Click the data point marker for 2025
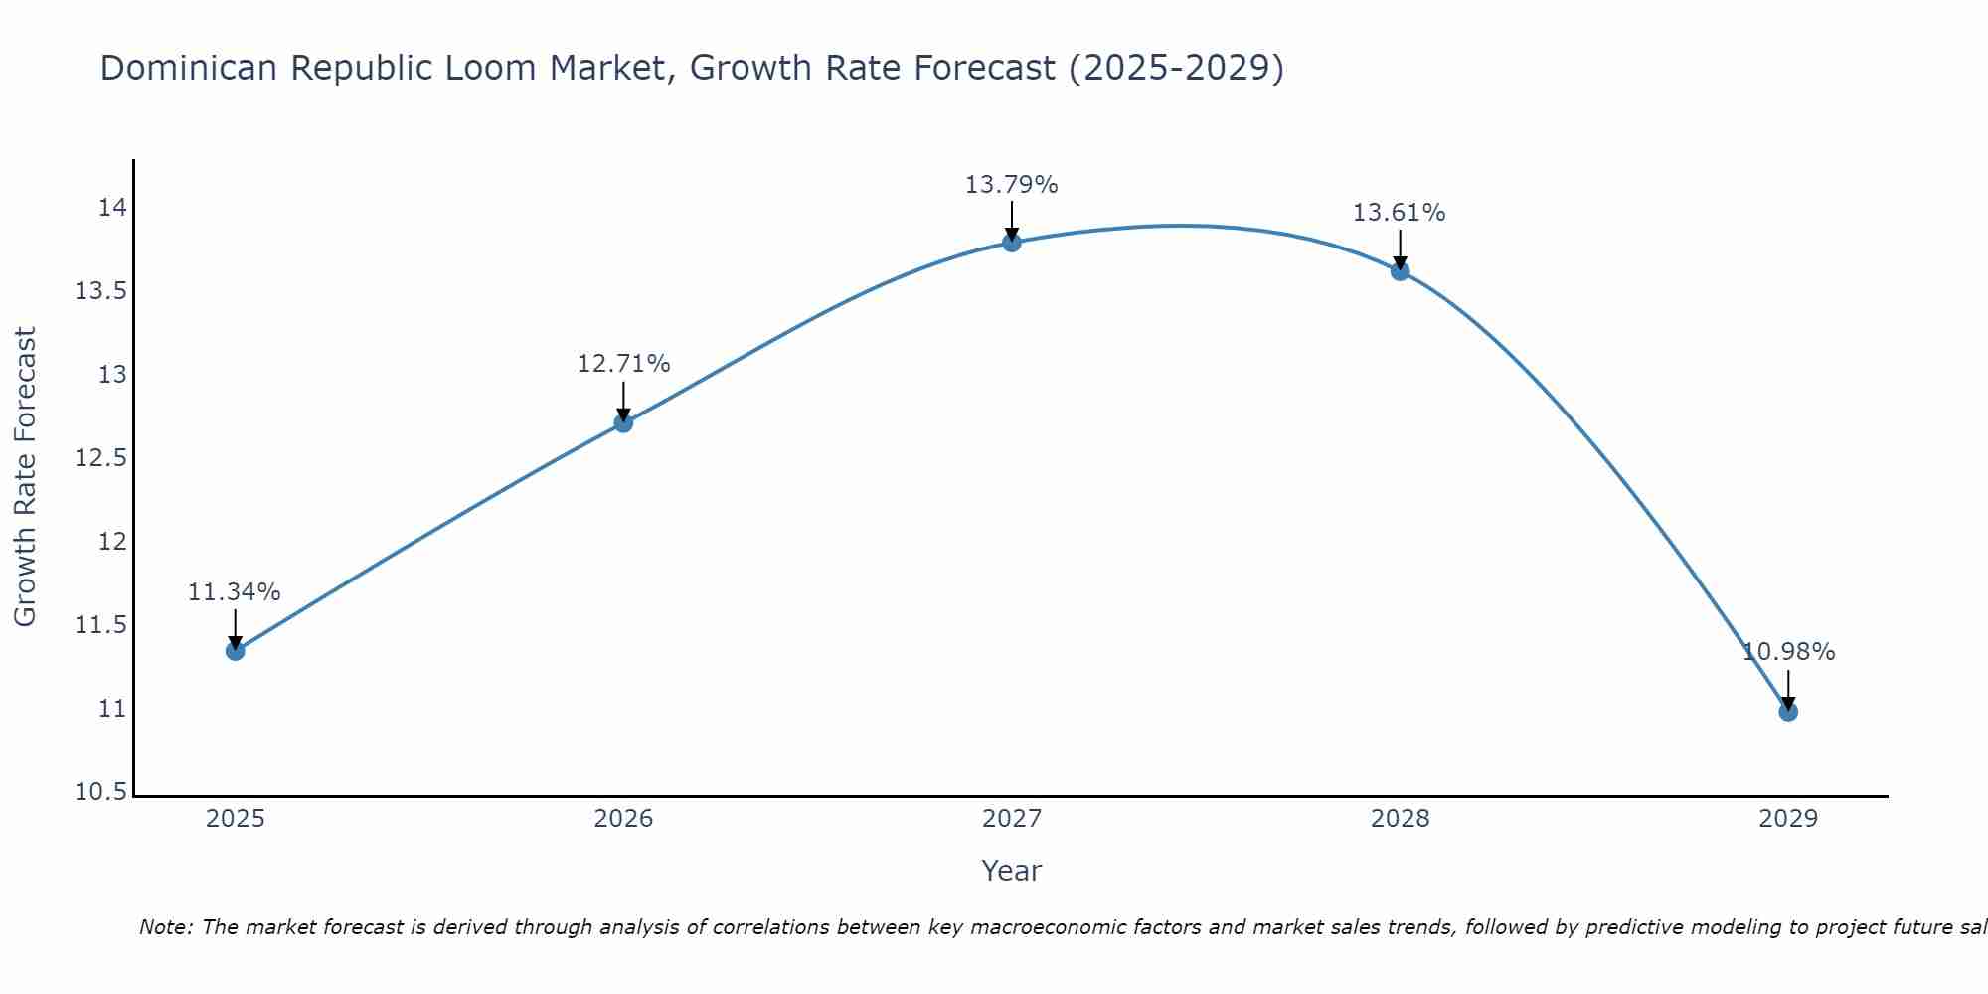click(236, 651)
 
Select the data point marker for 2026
click(623, 422)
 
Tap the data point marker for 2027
click(1012, 242)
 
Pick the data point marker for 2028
click(1400, 270)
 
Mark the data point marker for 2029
click(1788, 711)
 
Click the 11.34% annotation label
click(235, 592)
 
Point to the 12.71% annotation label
click(623, 364)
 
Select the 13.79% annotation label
click(1012, 185)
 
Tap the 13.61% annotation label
click(1400, 213)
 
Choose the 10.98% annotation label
click(1788, 652)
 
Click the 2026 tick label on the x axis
click(623, 819)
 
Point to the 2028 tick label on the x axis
click(1400, 819)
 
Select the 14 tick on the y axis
click(112, 208)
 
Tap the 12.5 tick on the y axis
click(100, 458)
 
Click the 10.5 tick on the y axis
click(100, 792)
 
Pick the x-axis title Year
click(1011, 871)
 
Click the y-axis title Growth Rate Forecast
click(25, 476)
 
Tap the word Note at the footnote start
click(165, 927)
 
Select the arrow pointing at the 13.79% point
click(1012, 220)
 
